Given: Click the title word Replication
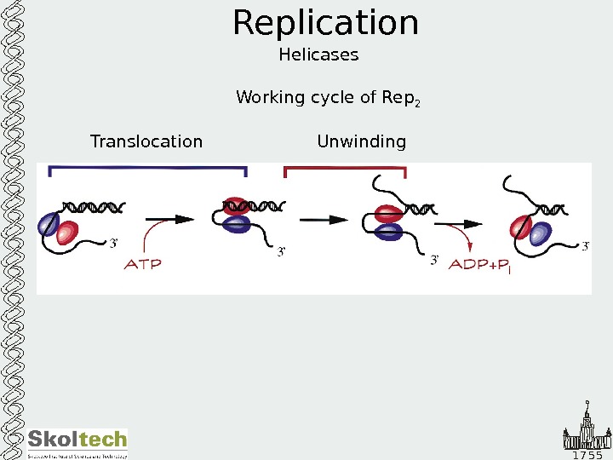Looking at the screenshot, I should [x=326, y=24].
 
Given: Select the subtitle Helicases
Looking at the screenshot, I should [x=318, y=55].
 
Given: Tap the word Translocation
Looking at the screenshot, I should [x=146, y=141].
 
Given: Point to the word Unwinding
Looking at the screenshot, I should [x=361, y=141].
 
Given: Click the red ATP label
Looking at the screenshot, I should [x=143, y=264].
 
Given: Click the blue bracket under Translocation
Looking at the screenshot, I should [x=148, y=170].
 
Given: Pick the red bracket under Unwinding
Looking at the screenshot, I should [x=345, y=170].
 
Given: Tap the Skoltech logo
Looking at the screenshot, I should [x=77, y=442].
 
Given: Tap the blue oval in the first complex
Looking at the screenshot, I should [x=47, y=224].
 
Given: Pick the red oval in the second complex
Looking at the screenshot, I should [x=234, y=208].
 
